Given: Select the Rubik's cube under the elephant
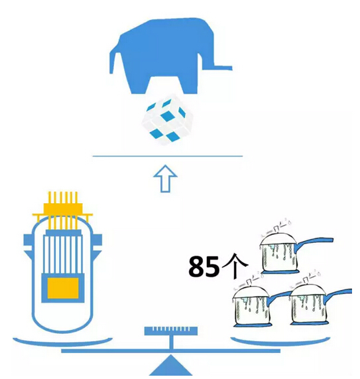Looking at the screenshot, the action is pos(167,120).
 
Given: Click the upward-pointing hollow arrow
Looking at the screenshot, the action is pos(165,179).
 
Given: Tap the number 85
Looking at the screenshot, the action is pos(204,266).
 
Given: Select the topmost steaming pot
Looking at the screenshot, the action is pos(280,252).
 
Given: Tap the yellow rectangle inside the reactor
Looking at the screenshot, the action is pos(63,288).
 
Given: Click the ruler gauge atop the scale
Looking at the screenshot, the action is pos(171,331).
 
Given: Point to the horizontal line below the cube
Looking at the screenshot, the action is pos(168,156).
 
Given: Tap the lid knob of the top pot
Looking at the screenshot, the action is pos(276,228).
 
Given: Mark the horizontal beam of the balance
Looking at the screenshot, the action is pos(170,350).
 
